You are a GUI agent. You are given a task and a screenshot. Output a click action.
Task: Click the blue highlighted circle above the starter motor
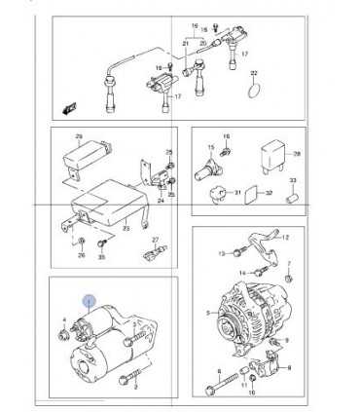click(x=89, y=303)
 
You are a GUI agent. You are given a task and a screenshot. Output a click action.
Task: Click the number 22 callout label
click(x=254, y=74)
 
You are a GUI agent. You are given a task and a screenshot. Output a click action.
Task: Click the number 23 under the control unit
click(x=126, y=230)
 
